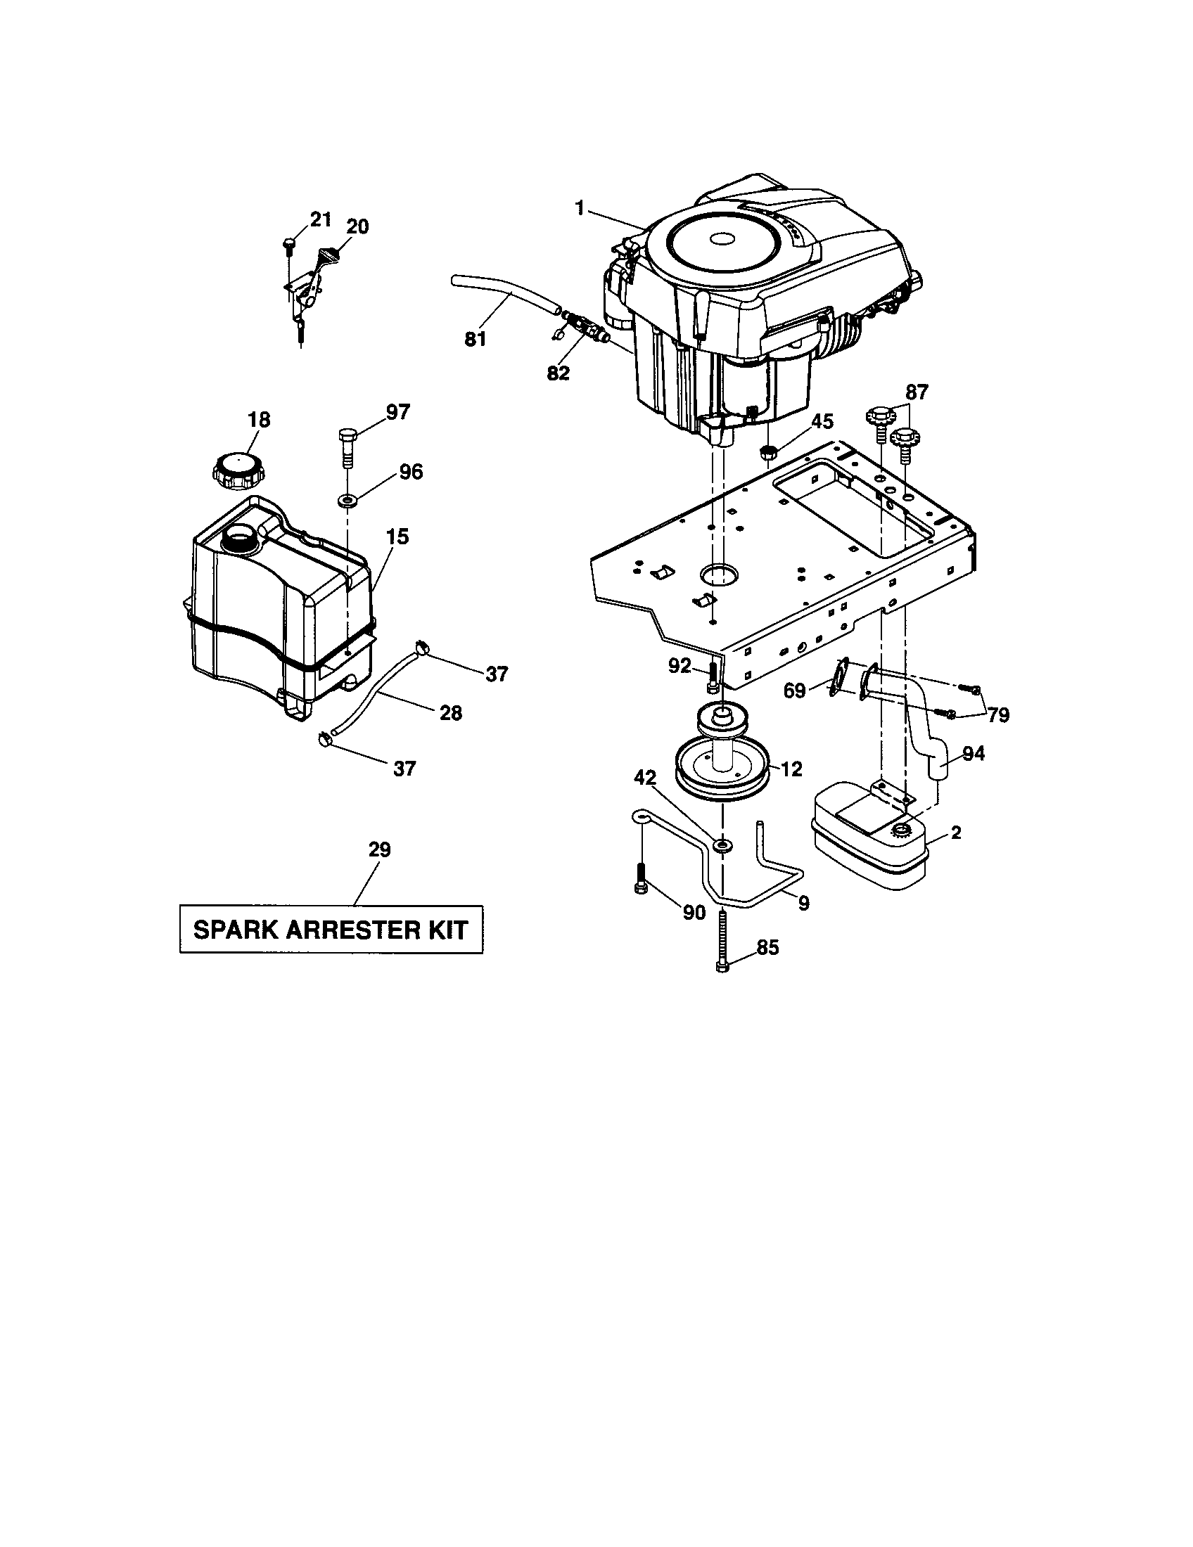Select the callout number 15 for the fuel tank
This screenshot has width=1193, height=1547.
[x=397, y=537]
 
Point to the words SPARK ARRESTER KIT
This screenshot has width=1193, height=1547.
[x=331, y=930]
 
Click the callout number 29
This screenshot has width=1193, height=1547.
[x=380, y=849]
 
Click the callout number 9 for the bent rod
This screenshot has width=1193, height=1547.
[x=803, y=904]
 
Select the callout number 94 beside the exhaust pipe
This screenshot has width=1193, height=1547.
[x=974, y=755]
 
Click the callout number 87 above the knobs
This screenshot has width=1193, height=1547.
[x=916, y=392]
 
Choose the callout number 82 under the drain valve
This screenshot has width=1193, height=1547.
[x=559, y=373]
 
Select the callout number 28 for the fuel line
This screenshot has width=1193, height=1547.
[x=451, y=712]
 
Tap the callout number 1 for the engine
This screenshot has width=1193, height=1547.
[x=580, y=209]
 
